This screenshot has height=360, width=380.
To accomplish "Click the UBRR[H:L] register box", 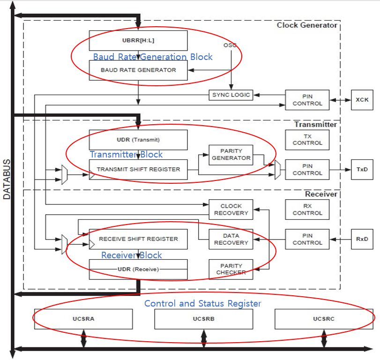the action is click(x=138, y=40).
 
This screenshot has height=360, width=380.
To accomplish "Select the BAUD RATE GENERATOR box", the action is click(x=138, y=70).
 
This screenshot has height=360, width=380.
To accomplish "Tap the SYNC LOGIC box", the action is click(x=231, y=95).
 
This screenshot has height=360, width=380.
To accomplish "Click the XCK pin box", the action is click(x=362, y=100).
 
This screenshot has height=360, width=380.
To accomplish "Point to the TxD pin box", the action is click(x=362, y=170).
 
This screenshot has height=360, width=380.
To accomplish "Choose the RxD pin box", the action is click(x=362, y=239).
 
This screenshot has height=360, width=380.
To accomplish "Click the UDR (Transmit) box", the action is click(x=138, y=140).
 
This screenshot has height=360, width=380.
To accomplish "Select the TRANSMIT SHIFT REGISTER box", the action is click(x=138, y=170).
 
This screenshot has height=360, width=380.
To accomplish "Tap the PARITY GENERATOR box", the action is click(x=231, y=155).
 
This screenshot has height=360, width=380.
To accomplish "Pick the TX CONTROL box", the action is click(x=307, y=140).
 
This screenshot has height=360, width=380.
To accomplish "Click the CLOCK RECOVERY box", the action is click(x=231, y=210).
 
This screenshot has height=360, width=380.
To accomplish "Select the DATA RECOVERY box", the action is click(x=231, y=239).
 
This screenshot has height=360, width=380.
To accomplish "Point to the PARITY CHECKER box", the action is click(x=231, y=270).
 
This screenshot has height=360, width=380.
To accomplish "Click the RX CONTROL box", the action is click(x=307, y=210).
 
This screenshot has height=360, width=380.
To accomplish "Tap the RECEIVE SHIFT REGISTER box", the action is click(x=138, y=239).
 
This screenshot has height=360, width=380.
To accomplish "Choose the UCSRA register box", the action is click(x=83, y=319).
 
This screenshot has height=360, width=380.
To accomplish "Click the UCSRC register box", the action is click(x=324, y=319).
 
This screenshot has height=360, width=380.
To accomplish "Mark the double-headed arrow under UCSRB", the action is click(x=204, y=338).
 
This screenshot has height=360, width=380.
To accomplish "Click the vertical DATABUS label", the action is click(x=7, y=179).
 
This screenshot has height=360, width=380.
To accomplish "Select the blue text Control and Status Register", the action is click(x=203, y=303).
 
